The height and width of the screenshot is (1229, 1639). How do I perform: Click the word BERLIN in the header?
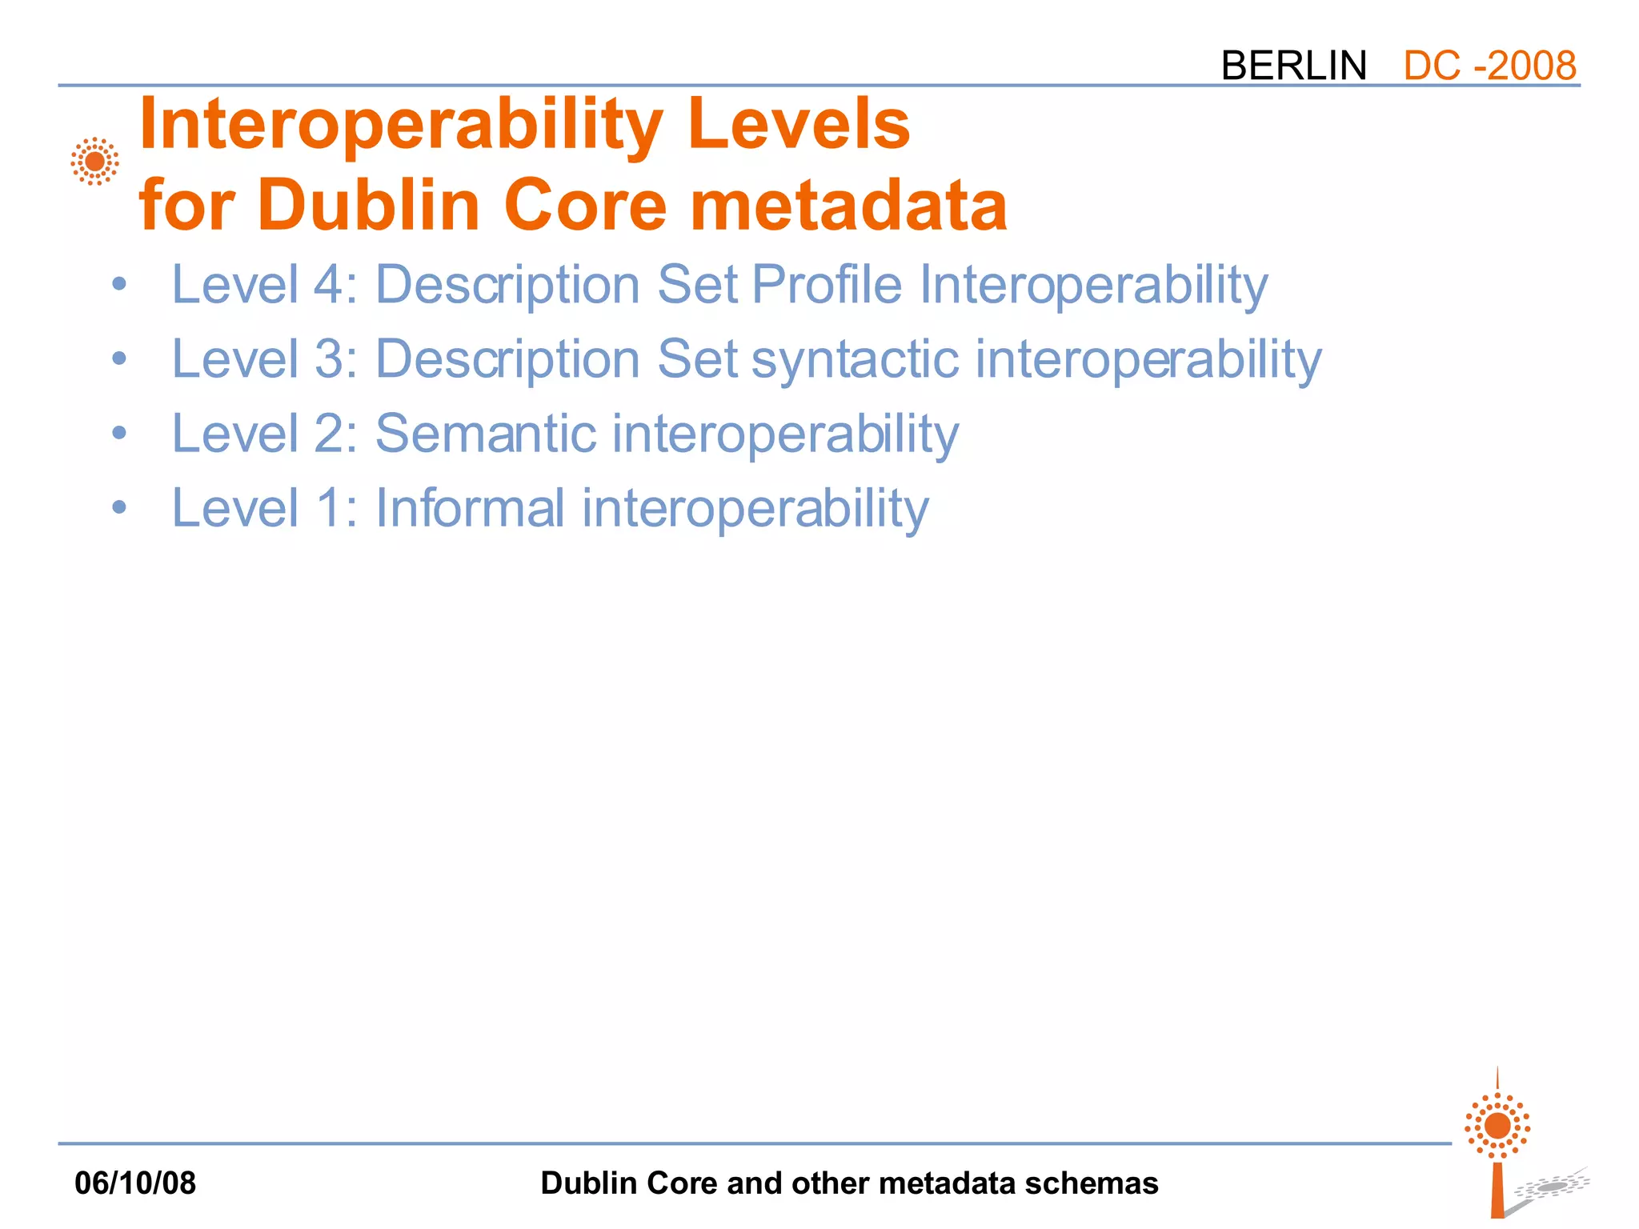point(1293,66)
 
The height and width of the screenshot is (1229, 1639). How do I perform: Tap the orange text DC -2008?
point(1489,66)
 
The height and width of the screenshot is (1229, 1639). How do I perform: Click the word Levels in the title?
point(799,124)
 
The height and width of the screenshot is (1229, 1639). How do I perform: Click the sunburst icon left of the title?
point(94,162)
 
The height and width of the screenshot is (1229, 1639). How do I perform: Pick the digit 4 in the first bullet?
point(328,284)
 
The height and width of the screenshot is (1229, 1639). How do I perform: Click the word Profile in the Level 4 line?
point(827,284)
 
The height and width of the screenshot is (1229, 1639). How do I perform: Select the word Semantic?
point(486,434)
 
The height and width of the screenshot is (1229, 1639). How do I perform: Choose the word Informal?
point(470,508)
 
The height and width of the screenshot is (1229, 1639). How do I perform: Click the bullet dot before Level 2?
point(119,434)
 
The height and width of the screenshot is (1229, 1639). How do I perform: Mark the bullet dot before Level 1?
point(119,507)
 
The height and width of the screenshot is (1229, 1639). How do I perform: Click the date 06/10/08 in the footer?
point(135,1183)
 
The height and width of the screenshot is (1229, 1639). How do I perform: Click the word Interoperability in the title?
point(400,124)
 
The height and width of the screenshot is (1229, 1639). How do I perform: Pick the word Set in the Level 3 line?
point(697,359)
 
